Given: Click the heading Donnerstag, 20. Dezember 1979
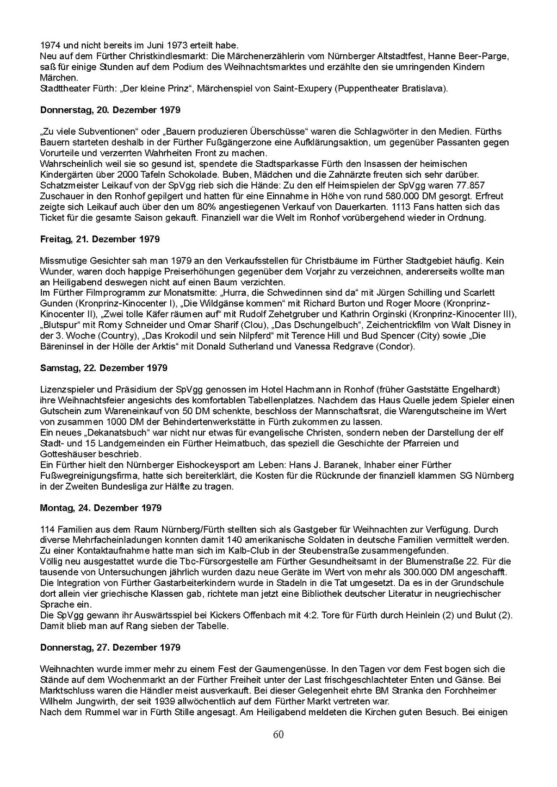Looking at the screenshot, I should coord(110,110).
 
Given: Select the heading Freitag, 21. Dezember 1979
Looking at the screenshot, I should coord(100,239).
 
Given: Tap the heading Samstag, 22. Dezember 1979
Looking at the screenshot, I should coord(103,368).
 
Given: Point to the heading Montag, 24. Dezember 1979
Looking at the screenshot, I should coord(101,508).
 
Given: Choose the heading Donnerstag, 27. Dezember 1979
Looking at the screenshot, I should coord(110,647).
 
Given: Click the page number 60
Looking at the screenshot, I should coord(278,735).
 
